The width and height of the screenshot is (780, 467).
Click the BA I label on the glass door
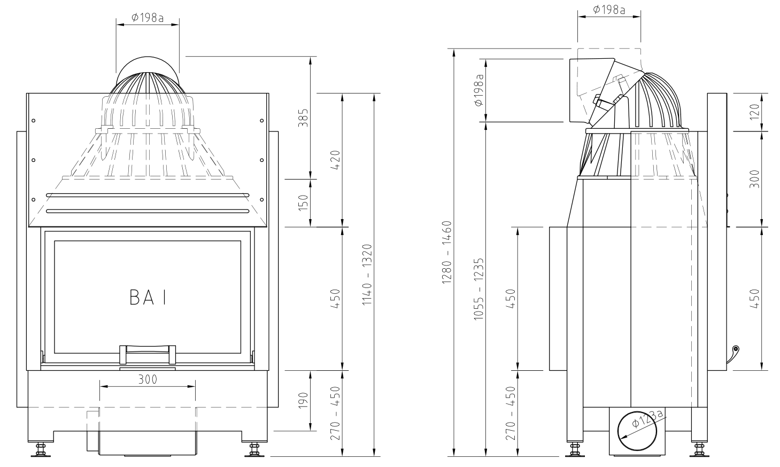pyautogui.click(x=148, y=298)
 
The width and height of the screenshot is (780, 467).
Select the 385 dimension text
pyautogui.click(x=303, y=118)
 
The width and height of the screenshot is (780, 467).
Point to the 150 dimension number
pyautogui.click(x=303, y=203)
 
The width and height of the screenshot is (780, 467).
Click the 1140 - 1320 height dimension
pyautogui.click(x=367, y=275)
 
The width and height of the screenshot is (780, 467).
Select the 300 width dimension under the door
pyautogui.click(x=148, y=379)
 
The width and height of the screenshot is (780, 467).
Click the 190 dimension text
pyautogui.click(x=303, y=401)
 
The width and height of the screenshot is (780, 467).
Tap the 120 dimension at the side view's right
pyautogui.click(x=754, y=112)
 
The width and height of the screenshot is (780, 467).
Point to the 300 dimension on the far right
pyautogui.click(x=754, y=179)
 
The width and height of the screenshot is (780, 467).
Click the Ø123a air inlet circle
pyautogui.click(x=639, y=432)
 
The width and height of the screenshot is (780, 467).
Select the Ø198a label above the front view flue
pyautogui.click(x=148, y=18)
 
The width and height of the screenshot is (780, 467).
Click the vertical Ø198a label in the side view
pyautogui.click(x=479, y=90)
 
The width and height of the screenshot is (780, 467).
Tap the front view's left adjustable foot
pyautogui.click(x=40, y=450)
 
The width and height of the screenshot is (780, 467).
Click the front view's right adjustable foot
pyautogui.click(x=254, y=450)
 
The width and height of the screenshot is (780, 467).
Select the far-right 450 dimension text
pyautogui.click(x=754, y=298)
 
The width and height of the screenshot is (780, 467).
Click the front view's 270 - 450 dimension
pyautogui.click(x=336, y=413)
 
